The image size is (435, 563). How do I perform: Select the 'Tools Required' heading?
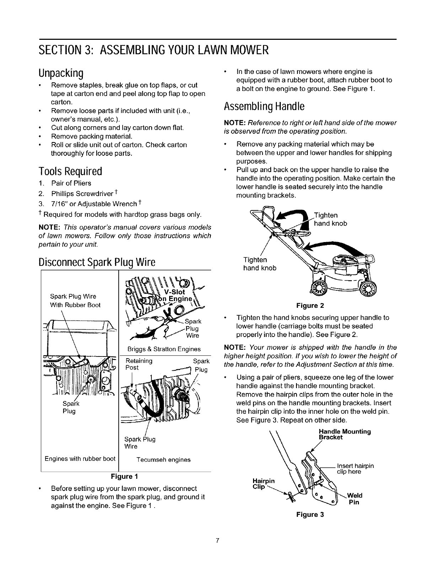(71, 172)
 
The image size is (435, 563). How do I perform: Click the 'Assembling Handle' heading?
(264, 106)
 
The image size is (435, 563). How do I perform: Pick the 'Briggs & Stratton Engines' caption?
(163, 349)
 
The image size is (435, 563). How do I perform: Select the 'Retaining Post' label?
(139, 364)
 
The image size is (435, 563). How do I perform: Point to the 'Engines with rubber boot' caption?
(80, 459)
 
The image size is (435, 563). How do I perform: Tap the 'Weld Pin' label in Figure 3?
(354, 499)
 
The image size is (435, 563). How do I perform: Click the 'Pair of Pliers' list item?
(71, 183)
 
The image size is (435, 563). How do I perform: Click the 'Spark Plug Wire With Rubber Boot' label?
(75, 301)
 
